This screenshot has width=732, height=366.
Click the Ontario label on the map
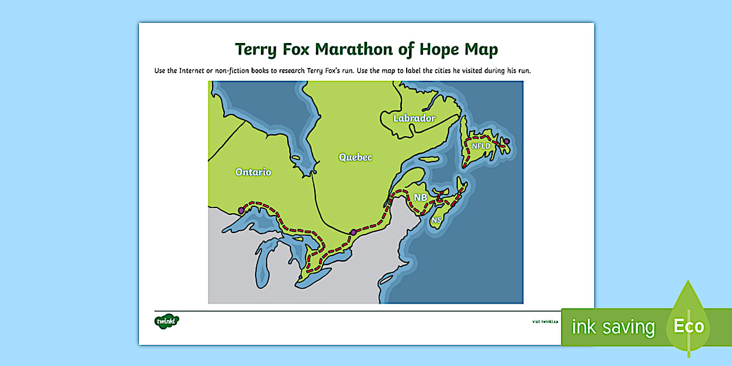(x=253, y=172)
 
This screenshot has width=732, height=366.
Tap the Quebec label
(x=356, y=157)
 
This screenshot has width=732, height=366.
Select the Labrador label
(x=414, y=118)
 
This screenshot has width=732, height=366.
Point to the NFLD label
(x=481, y=146)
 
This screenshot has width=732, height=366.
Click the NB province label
(x=420, y=198)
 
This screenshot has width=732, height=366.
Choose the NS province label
(x=436, y=220)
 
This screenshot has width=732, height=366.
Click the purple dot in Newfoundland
(x=507, y=141)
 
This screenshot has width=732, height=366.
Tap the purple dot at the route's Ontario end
(x=242, y=211)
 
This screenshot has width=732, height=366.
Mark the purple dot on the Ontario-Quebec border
(x=353, y=232)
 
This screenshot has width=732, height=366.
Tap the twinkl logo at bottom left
(x=167, y=321)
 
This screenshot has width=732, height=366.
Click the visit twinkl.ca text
(x=545, y=321)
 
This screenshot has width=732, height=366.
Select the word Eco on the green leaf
(x=688, y=326)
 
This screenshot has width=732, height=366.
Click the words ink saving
(x=613, y=327)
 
